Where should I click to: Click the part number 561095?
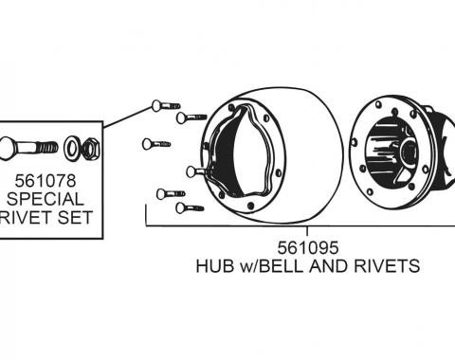[308, 247]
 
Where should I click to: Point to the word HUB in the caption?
[212, 266]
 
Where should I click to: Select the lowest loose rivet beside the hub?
[189, 207]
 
